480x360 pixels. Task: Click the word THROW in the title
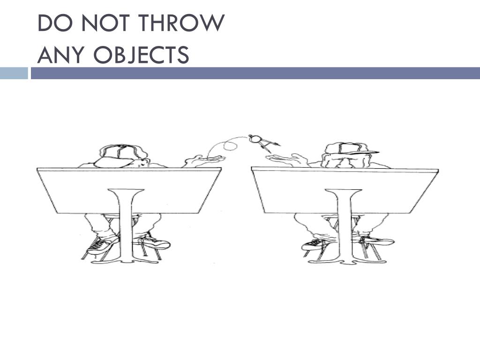click(181, 23)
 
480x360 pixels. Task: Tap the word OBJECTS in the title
click(141, 55)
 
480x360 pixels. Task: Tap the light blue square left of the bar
click(14, 73)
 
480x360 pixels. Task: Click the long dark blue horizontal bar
click(255, 73)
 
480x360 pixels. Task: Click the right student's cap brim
click(364, 152)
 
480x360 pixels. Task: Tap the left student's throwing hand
click(203, 160)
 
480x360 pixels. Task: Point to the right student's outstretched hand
click(286, 159)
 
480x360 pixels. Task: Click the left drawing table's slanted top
click(129, 190)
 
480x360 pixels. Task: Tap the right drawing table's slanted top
click(345, 190)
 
